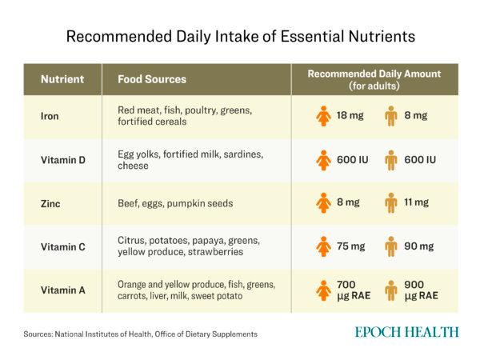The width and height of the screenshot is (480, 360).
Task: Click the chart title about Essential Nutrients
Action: coord(240,36)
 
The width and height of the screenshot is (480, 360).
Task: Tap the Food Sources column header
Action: coord(152,79)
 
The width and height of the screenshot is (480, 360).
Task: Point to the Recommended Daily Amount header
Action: coord(374,79)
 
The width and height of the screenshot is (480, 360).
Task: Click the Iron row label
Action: coord(49,116)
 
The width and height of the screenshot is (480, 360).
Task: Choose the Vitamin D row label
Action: coord(62,160)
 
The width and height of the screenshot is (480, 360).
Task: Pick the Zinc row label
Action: coord(50,203)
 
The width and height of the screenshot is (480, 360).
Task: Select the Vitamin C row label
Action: coord(62,246)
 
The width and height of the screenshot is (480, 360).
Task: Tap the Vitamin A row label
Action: coord(62,290)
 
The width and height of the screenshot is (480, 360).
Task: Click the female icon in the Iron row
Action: coord(323,116)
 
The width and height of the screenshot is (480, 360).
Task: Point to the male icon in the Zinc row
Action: coord(390,203)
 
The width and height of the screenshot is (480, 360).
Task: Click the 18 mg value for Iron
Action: coord(350,116)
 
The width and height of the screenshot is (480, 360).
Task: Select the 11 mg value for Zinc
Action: coord(416,203)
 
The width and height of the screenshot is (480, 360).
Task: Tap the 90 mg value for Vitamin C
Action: coord(419,246)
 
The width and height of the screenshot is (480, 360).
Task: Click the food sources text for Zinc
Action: coord(175,203)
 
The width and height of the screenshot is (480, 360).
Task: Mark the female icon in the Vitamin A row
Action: coord(323,290)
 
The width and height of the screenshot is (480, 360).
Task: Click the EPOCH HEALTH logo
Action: coord(408,332)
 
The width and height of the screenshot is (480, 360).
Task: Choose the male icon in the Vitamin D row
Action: coord(390,160)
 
